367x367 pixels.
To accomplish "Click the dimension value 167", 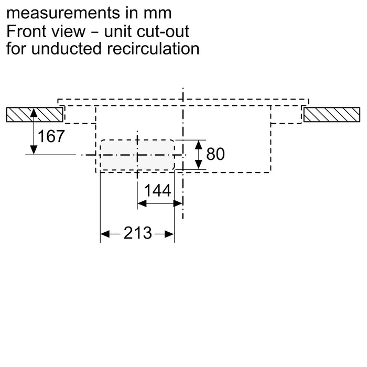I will [x=52, y=137].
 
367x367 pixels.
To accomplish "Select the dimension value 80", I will [x=215, y=154].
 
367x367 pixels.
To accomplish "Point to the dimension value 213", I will [x=138, y=233].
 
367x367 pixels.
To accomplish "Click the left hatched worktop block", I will [x=34, y=114].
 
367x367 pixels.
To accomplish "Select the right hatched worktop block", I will [x=332, y=114].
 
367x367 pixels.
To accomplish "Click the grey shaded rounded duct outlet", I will [x=137, y=155].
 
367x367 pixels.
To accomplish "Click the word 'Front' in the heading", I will [x=26, y=31].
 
